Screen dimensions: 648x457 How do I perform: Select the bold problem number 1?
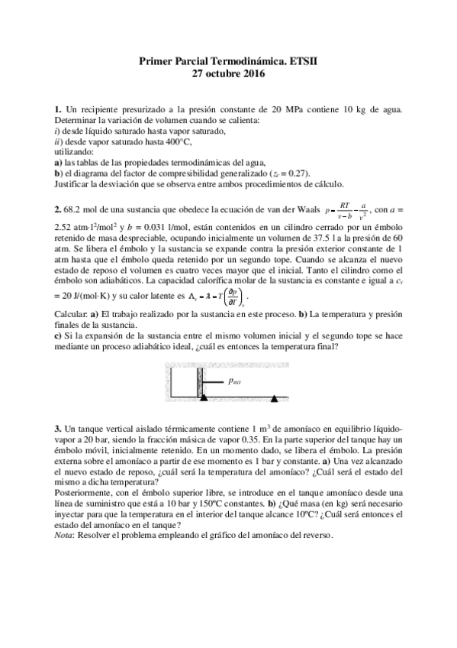pos(57,112)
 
